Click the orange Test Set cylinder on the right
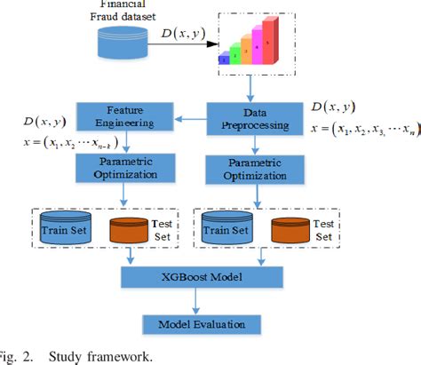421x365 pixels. coord(293,230)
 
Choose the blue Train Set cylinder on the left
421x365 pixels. coord(61,230)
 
